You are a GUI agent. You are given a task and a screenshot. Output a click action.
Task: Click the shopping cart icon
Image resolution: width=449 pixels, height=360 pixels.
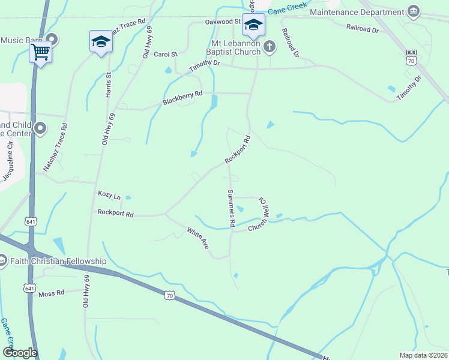(x=40, y=52)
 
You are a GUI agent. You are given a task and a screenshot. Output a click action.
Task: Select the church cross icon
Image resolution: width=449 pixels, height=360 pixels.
(x=270, y=46)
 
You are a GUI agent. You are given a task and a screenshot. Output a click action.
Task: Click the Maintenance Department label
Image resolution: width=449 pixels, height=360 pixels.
(x=357, y=12)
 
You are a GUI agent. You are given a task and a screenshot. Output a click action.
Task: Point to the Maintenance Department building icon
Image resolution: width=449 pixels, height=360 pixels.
(x=413, y=11)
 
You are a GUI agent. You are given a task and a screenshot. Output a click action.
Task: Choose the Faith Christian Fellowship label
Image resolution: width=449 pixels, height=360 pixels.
(x=58, y=261)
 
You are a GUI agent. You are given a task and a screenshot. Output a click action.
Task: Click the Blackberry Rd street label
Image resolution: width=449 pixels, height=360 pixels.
(x=182, y=98)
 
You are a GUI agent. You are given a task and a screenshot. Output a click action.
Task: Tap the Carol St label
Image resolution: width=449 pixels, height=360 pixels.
(x=166, y=54)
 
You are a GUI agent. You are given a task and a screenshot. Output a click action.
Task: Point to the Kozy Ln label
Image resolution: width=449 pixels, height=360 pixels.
(x=109, y=196)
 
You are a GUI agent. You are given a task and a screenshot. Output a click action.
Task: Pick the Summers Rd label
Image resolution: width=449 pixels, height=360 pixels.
(x=231, y=208)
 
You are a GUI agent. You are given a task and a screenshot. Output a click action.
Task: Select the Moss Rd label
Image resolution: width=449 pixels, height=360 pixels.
(x=51, y=293)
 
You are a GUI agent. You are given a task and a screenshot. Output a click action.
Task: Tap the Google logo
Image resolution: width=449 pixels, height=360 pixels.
(x=19, y=352)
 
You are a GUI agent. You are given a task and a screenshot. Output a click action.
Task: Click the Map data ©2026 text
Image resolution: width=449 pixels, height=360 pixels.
(x=423, y=355)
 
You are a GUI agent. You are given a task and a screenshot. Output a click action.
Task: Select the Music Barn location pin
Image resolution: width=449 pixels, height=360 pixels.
(x=52, y=40)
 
